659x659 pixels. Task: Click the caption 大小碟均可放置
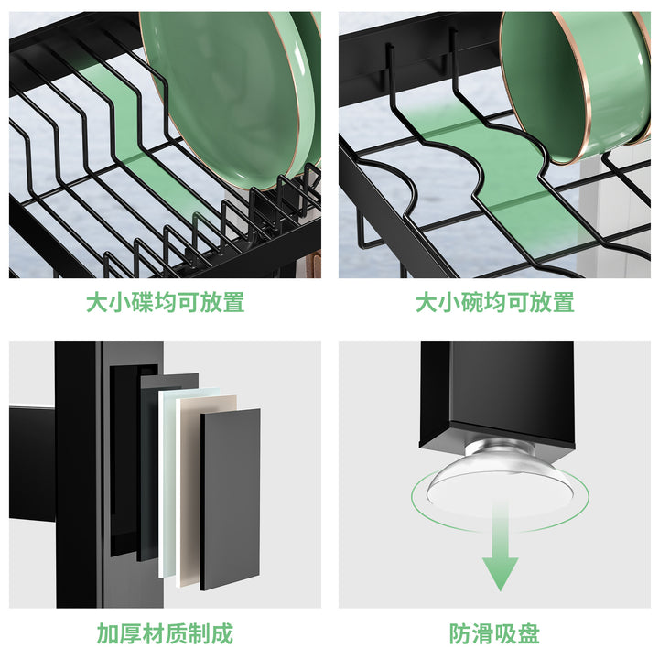pyautogui.click(x=165, y=302)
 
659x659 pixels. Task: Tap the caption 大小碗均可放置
pyautogui.click(x=494, y=302)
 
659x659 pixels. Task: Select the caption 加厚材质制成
pyautogui.click(x=165, y=633)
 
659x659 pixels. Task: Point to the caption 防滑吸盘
pyautogui.click(x=494, y=633)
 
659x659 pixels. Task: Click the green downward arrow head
pyautogui.click(x=500, y=572)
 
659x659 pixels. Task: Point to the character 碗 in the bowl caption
pyautogui.click(x=472, y=302)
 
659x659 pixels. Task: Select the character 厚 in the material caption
pyautogui.click(x=131, y=633)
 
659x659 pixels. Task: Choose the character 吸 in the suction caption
pyautogui.click(x=506, y=633)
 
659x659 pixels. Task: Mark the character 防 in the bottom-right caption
pyautogui.click(x=460, y=633)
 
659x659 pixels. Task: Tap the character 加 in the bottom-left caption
pyautogui.click(x=108, y=633)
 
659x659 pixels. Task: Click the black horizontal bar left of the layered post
pyautogui.click(x=32, y=463)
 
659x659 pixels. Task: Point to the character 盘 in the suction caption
pyautogui.click(x=529, y=633)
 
